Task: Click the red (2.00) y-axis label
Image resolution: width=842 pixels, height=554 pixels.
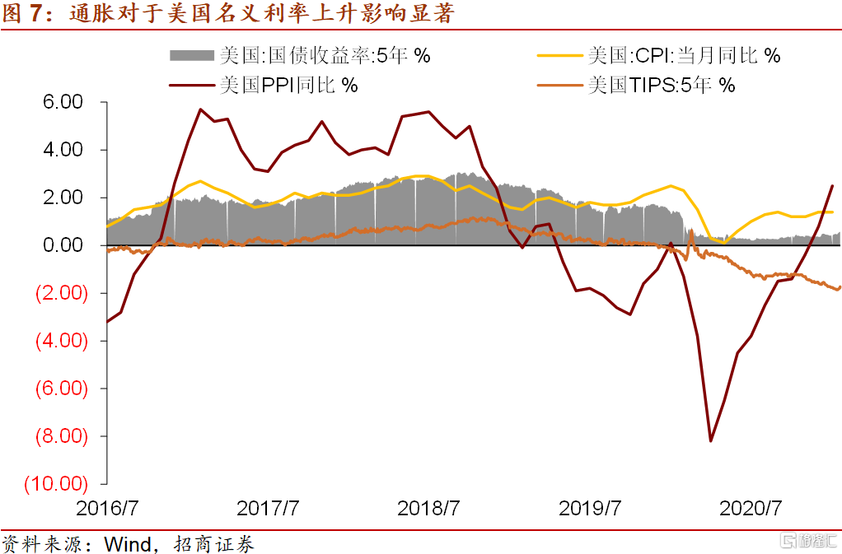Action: (x=58, y=293)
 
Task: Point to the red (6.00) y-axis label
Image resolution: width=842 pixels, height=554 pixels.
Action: (x=58, y=388)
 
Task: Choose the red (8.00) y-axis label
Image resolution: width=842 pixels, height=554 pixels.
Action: (x=58, y=435)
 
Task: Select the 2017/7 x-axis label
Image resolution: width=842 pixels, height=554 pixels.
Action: (x=268, y=508)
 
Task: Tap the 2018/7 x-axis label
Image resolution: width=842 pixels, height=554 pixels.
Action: (x=428, y=508)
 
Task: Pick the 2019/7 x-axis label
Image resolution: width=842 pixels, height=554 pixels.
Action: (x=589, y=508)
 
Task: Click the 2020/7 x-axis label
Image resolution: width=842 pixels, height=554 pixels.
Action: (x=750, y=508)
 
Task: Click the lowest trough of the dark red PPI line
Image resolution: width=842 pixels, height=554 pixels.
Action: (x=710, y=441)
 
